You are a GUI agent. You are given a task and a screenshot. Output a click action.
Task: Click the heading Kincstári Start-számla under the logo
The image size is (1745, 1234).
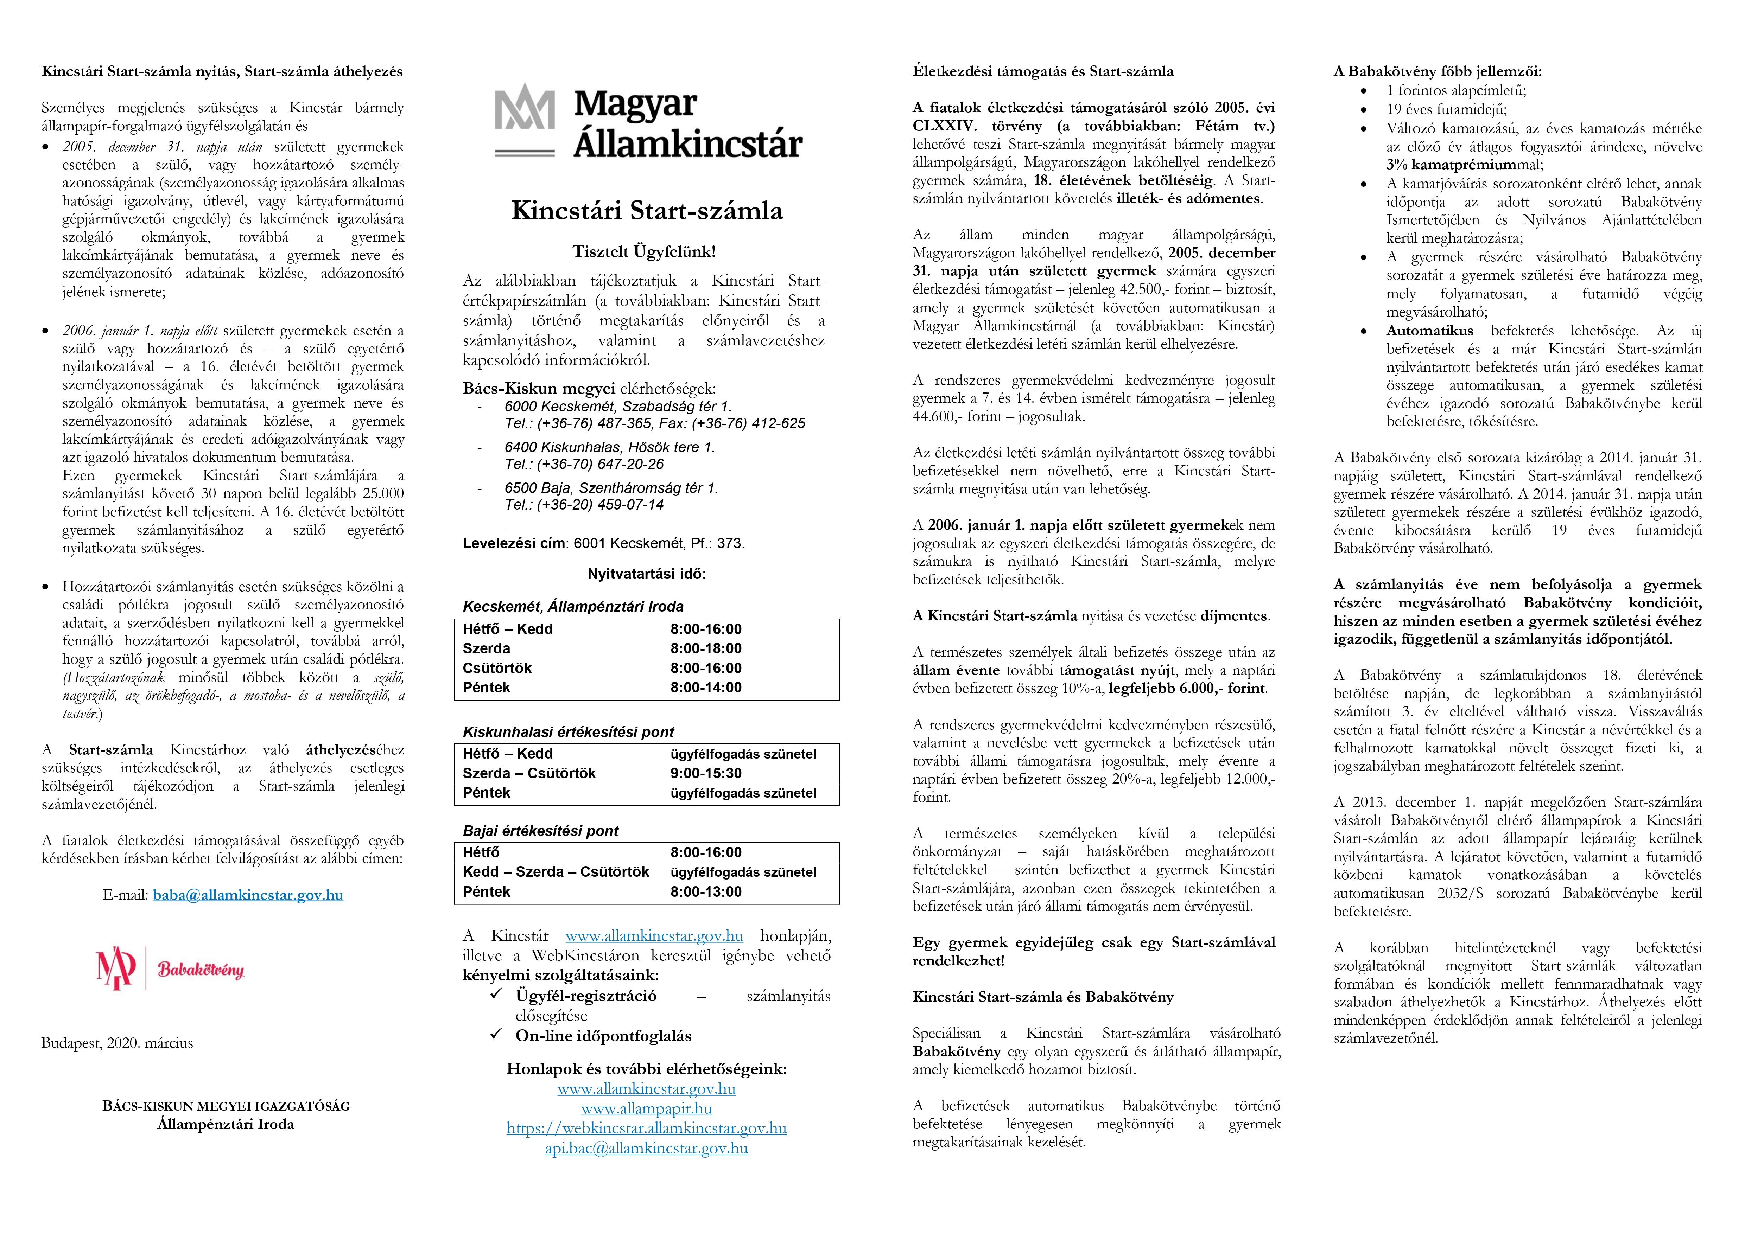tap(647, 211)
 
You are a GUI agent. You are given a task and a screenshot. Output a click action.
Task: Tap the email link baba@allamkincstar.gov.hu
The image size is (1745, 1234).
tap(248, 895)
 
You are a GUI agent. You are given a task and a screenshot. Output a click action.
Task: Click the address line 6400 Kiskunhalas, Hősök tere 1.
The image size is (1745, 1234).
tap(610, 448)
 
